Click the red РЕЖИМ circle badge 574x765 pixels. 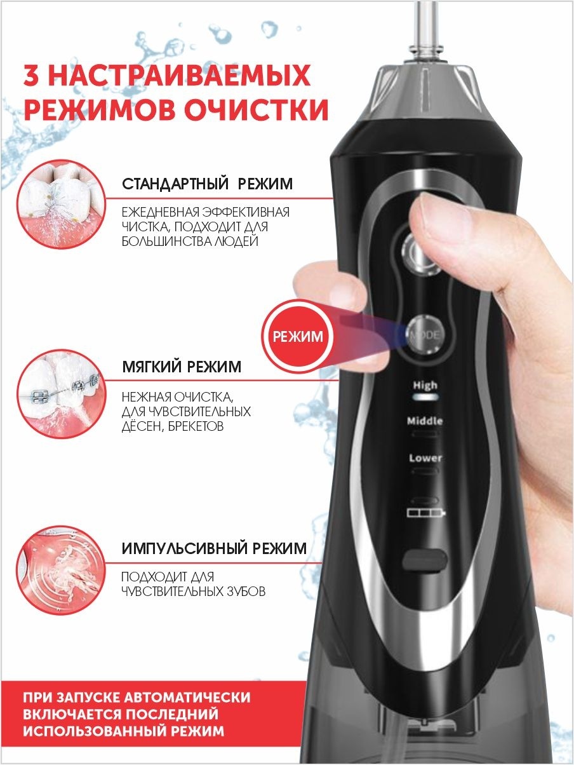(297, 336)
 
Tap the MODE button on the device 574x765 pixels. (426, 335)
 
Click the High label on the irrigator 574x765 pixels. (425, 385)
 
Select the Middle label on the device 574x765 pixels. (425, 421)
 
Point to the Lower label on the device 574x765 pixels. (425, 457)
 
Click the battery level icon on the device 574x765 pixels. (426, 512)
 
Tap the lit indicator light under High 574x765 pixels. (425, 397)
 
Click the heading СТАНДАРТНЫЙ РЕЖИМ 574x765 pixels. (208, 184)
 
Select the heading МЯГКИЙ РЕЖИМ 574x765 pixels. (182, 367)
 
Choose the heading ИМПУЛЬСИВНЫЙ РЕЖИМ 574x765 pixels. (214, 548)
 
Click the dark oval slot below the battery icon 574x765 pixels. (425, 560)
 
